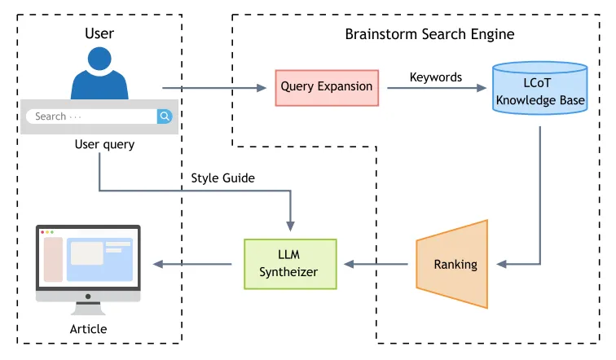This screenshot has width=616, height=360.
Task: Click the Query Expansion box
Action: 327,86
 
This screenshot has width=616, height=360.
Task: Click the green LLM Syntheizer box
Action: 290,264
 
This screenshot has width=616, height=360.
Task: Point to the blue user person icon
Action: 99,74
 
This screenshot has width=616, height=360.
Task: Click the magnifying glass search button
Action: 165,116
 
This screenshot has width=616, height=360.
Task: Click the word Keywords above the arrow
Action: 435,77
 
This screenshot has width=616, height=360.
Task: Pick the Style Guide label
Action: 222,178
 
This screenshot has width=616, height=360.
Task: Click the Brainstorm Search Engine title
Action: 429,34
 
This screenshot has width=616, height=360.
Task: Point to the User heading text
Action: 99,33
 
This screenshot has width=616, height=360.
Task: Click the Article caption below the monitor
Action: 88,329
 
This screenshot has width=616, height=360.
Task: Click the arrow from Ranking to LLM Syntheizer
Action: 376,264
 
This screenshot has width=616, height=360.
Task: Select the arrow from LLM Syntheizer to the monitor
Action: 199,264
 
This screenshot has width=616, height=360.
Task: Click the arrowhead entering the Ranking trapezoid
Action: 503,264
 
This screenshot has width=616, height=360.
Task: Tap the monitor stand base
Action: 88,310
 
